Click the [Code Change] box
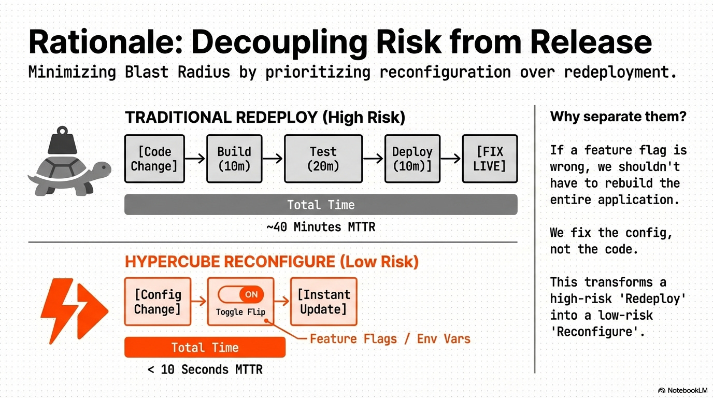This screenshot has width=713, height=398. [154, 159]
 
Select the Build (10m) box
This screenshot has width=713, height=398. [234, 159]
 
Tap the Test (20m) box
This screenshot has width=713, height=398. [323, 159]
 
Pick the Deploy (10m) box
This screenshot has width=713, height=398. [412, 159]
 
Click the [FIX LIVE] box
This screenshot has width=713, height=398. [490, 159]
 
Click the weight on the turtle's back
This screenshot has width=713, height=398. [63, 140]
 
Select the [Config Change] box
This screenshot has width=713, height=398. [158, 302]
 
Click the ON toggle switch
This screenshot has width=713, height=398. [241, 295]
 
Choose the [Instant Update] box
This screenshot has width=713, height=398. [323, 302]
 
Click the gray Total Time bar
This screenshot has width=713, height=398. [321, 205]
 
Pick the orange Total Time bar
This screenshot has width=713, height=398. [205, 347]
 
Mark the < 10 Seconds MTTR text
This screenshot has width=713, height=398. [205, 369]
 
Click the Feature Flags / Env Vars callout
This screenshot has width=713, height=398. [390, 339]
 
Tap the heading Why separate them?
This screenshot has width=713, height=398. [618, 117]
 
